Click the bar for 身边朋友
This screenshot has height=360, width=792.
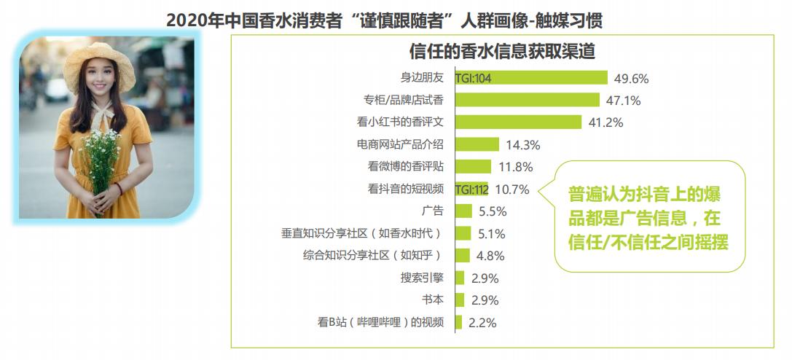click(x=554, y=78)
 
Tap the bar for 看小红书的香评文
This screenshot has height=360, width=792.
click(x=518, y=122)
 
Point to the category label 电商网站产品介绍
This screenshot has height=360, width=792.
click(x=400, y=144)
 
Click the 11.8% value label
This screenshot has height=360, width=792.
click(x=516, y=167)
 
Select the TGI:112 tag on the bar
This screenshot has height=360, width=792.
click(x=471, y=189)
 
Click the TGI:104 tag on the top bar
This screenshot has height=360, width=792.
click(x=473, y=78)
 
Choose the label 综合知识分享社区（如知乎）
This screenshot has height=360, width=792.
click(x=372, y=256)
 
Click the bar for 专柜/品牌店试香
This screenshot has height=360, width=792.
click(x=528, y=100)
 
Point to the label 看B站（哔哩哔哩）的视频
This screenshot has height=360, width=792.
click(x=380, y=322)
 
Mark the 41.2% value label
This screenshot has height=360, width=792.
click(x=606, y=122)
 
